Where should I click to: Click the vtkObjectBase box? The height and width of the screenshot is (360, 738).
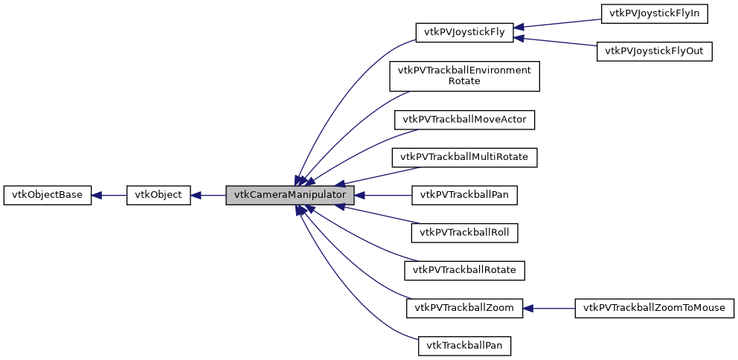coord(48,196)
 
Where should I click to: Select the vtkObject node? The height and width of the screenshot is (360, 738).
coord(158,196)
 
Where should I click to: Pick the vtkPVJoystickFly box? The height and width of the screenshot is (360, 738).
coord(465,32)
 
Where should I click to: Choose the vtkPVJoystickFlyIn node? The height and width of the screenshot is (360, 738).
coord(654,13)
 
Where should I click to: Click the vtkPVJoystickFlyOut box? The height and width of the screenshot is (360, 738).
coord(654,51)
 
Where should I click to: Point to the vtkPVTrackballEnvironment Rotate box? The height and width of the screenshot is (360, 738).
coord(465,76)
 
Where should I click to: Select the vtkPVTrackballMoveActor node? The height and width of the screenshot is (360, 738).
coord(465,119)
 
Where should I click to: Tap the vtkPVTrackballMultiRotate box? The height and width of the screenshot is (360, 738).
coord(465,157)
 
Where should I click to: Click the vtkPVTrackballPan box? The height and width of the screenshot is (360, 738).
coord(465,196)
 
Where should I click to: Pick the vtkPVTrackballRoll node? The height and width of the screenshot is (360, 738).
coord(465,232)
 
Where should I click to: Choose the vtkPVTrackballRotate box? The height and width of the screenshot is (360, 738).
coord(465,270)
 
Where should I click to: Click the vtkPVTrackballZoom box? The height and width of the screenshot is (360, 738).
coord(465,308)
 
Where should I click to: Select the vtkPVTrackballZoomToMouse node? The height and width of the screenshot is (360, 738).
coord(654,308)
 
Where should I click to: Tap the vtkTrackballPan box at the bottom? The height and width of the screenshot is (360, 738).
coord(465,346)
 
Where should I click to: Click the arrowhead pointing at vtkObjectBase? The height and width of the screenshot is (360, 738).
coord(97,196)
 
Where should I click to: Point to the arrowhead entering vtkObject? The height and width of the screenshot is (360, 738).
coord(196,196)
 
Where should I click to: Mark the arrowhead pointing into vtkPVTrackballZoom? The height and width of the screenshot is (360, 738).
coord(528,308)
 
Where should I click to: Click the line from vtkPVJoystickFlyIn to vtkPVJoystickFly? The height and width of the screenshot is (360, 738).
coord(562,23)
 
